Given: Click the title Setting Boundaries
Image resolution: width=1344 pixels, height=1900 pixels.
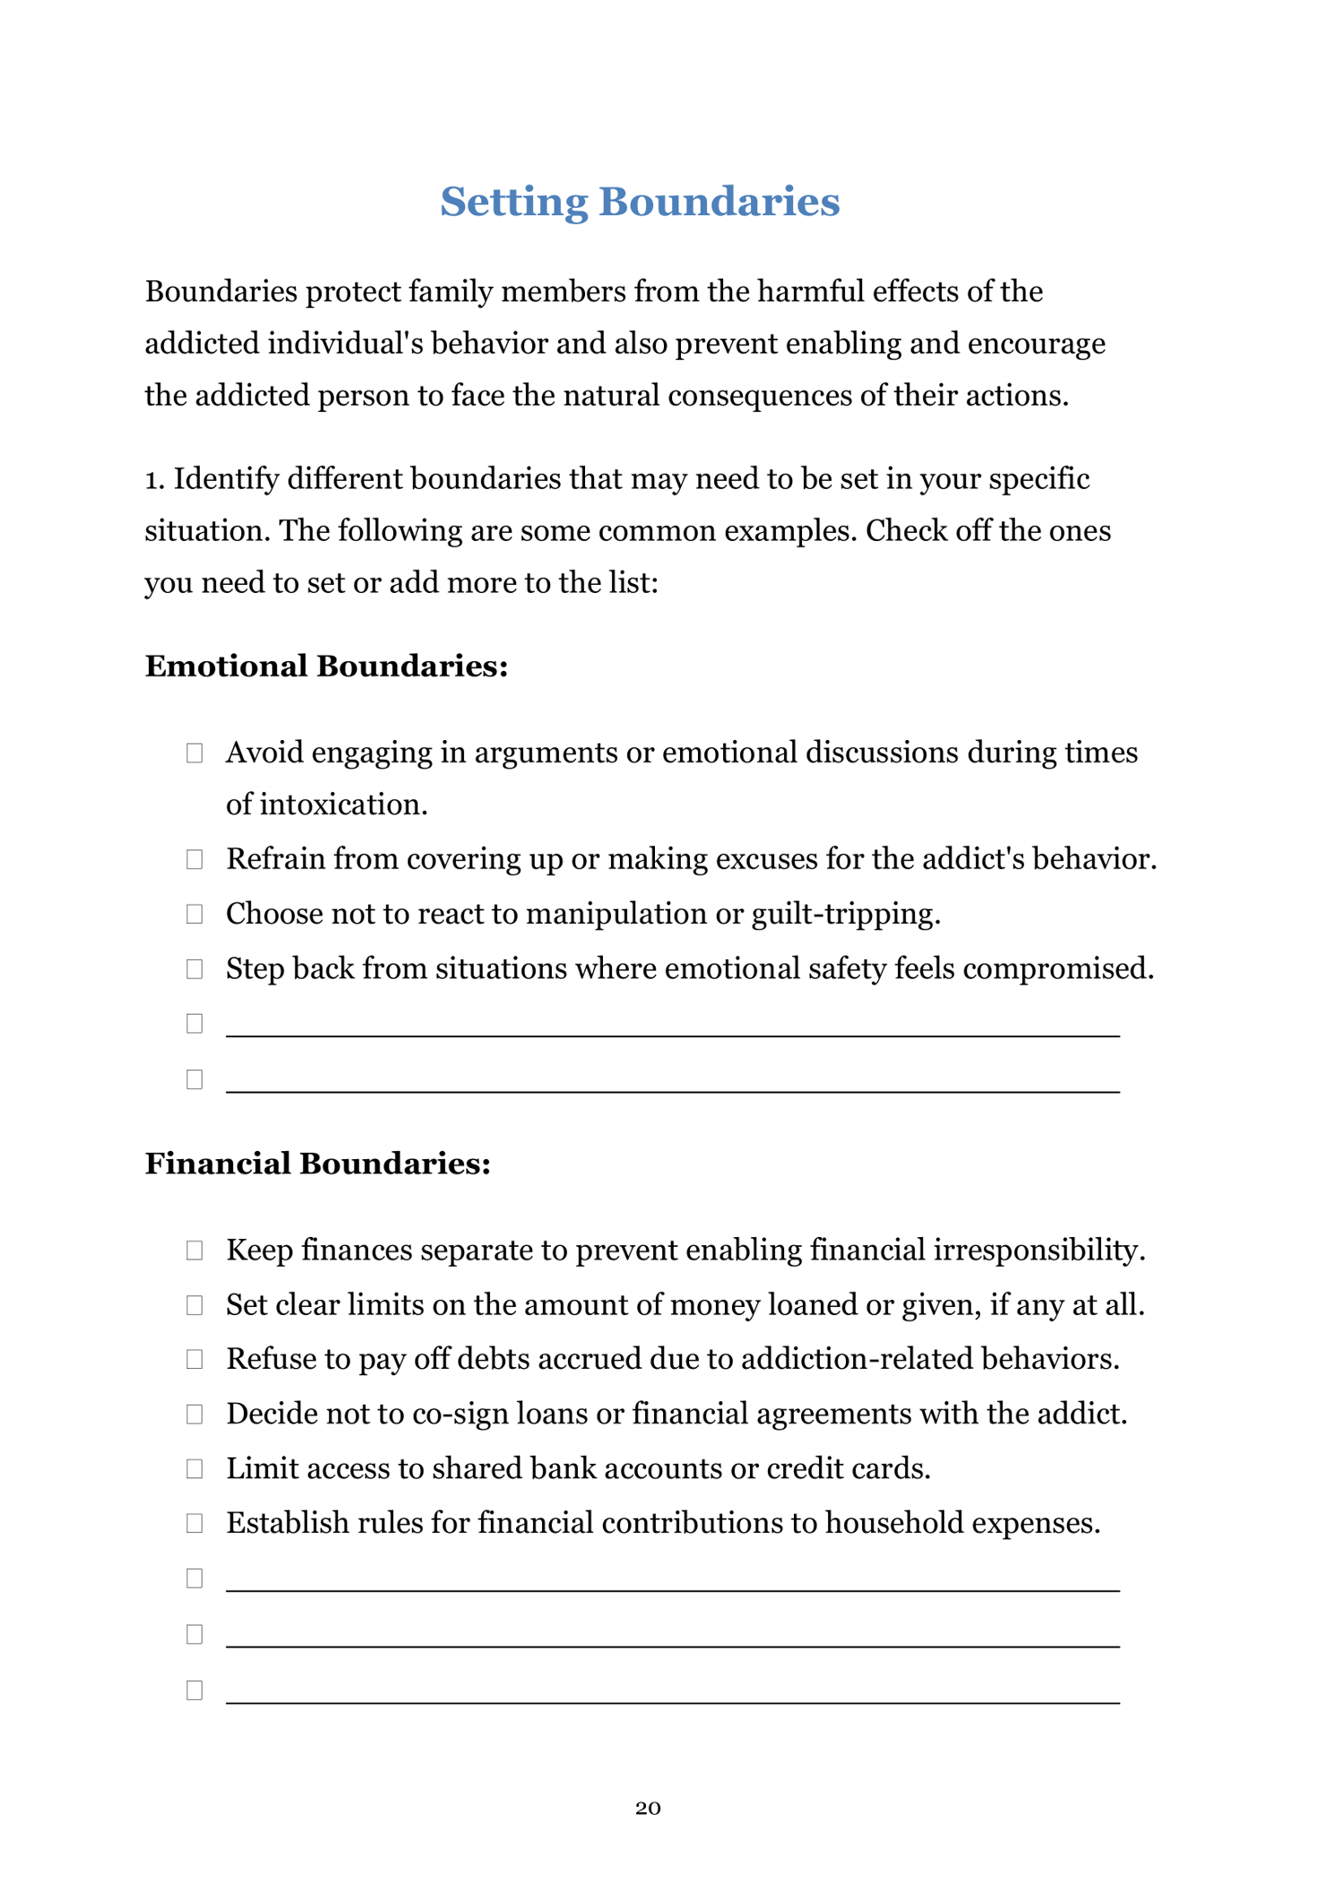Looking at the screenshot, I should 640,202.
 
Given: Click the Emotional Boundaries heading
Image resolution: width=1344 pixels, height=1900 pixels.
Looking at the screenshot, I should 326,666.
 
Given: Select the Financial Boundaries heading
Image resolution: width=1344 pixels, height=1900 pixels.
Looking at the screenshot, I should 318,1164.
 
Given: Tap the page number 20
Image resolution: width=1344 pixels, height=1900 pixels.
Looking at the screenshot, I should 648,1808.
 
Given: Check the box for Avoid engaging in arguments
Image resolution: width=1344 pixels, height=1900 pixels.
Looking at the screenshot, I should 194,752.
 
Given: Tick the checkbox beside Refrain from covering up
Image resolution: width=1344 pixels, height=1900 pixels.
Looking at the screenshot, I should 194,860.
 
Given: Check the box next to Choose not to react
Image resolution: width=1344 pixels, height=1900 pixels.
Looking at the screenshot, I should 194,915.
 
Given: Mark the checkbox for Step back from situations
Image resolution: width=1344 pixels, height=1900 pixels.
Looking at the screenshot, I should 194,969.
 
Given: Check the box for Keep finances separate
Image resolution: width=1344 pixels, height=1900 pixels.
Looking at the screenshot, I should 194,1251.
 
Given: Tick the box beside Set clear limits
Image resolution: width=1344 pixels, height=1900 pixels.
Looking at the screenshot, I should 194,1305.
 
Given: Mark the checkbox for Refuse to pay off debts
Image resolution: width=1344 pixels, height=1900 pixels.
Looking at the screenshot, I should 194,1360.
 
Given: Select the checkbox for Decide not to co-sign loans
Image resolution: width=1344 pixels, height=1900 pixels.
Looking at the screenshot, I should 194,1414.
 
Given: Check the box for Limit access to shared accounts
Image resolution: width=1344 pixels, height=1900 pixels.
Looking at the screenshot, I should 194,1469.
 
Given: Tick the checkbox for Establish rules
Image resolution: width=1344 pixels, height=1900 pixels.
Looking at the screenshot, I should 194,1524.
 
